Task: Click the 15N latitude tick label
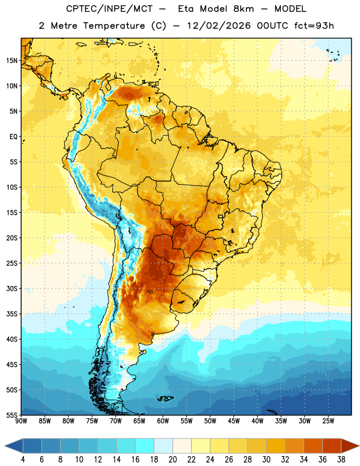coord(12,61)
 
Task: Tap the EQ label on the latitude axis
coord(13,137)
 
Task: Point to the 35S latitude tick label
coord(12,314)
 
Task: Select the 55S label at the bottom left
coord(12,415)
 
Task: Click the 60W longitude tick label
coord(163,421)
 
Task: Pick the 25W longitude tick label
coord(328,421)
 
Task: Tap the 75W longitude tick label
coord(92,421)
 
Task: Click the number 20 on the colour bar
coord(172,460)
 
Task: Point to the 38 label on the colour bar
coord(341,460)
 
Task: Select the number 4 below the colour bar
coord(23,460)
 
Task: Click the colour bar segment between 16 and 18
coord(145,446)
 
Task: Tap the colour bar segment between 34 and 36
coord(313,446)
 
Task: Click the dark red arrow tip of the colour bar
coord(358,446)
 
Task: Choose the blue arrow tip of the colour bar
coord(5,446)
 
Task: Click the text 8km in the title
coord(243,9)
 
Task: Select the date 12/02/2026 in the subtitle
coord(219,26)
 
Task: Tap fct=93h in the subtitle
coord(314,26)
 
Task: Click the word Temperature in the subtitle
coord(114,26)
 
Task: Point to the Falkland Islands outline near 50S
coord(165,398)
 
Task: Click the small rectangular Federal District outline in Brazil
coord(221,217)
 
